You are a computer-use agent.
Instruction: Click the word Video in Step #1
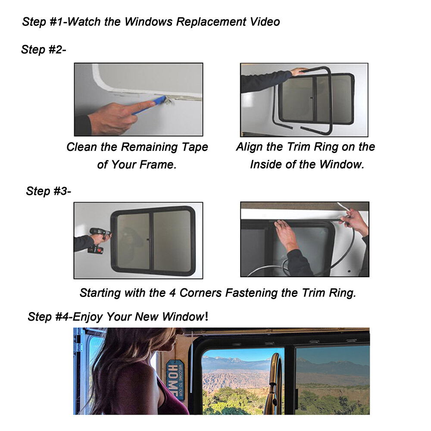coord(262,21)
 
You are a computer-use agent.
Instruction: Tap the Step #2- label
coord(44,50)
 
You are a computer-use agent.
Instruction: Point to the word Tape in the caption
coord(193,147)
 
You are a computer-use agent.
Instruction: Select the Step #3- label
coord(48,191)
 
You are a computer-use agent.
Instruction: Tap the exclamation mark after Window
coord(206,316)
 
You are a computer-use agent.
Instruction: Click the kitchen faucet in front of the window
coord(272,379)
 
